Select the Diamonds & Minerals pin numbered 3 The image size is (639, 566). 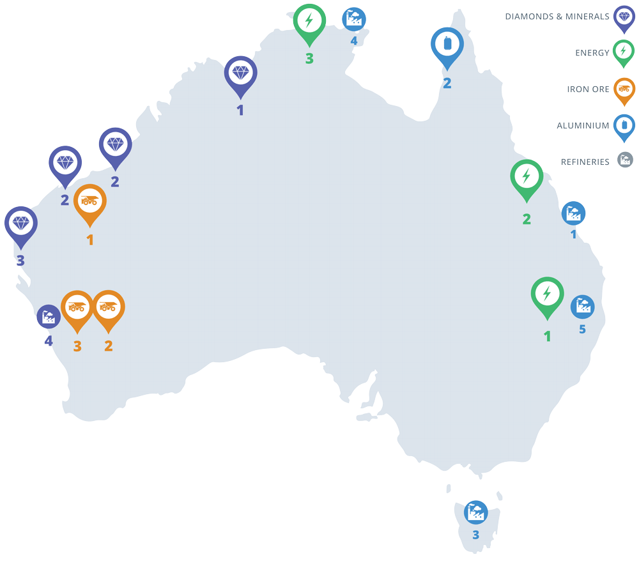[21, 223]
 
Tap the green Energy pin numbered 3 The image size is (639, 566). [309, 20]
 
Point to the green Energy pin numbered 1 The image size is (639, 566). [547, 294]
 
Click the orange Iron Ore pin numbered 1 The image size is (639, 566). [90, 201]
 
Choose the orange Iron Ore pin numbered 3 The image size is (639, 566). [77, 307]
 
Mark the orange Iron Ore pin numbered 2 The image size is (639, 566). [108, 307]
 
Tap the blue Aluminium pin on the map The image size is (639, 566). [447, 45]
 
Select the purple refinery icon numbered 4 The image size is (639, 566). [49, 317]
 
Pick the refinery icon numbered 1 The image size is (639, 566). [573, 213]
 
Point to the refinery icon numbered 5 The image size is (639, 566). [582, 307]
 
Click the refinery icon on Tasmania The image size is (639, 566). [475, 512]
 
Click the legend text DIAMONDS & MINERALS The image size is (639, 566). [557, 17]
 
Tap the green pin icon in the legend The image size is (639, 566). [624, 52]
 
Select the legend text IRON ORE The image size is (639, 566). [588, 89]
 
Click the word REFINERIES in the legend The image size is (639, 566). [585, 162]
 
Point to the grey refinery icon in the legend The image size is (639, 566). [625, 160]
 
